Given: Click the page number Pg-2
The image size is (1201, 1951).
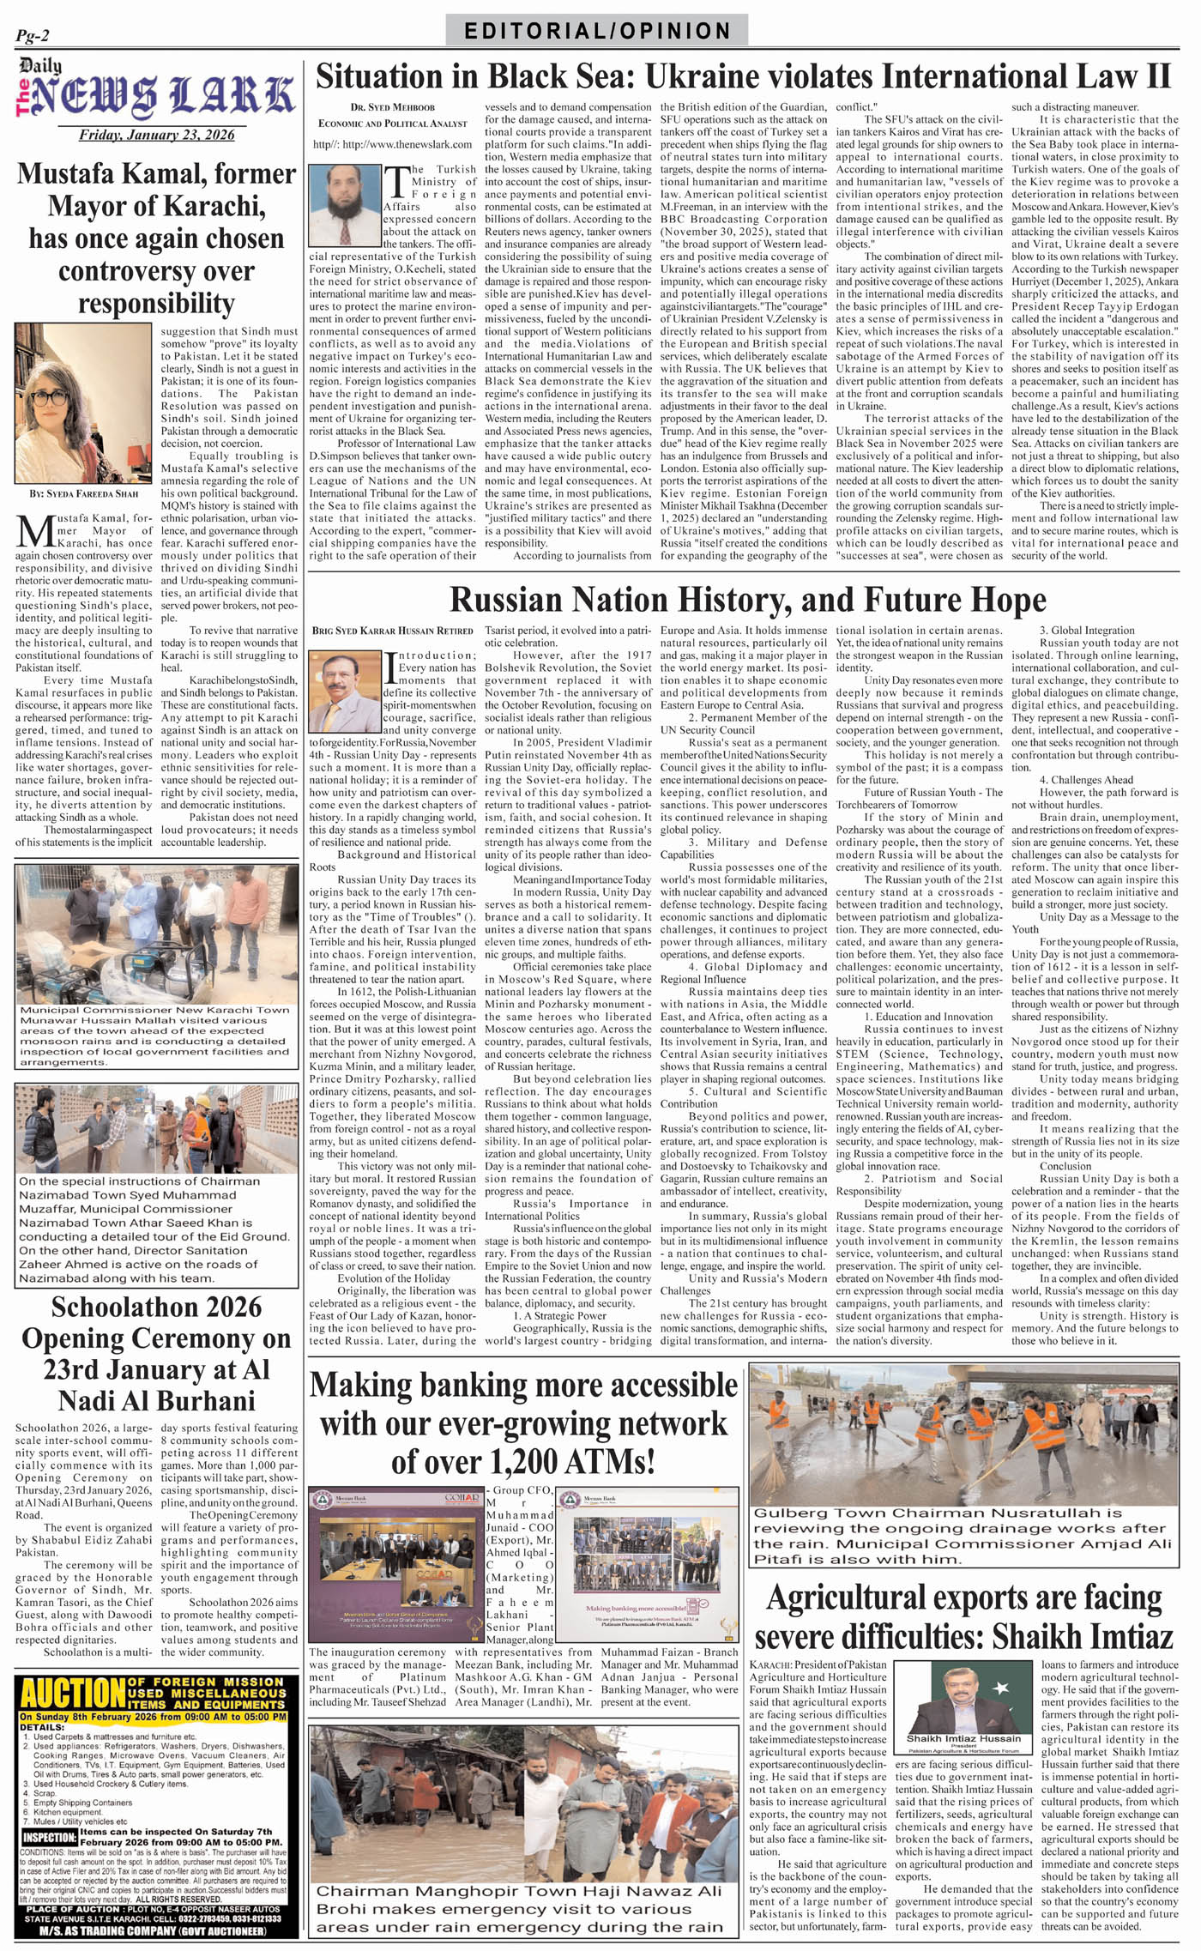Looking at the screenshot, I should (x=33, y=36).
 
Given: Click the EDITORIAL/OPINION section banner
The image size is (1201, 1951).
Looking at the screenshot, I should (x=596, y=31).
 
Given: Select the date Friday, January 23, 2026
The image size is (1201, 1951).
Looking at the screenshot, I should (x=156, y=135).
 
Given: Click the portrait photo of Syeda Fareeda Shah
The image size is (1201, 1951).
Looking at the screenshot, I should (x=83, y=403).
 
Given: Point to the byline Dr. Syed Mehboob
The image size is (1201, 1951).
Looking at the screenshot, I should (x=392, y=107).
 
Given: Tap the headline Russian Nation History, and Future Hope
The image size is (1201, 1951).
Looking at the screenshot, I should (x=747, y=600).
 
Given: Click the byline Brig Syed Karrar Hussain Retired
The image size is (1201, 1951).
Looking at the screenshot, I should (x=393, y=631).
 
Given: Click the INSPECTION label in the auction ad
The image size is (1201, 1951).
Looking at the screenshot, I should (x=49, y=1837).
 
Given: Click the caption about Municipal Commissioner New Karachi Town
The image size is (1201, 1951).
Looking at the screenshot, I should (x=156, y=1036).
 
